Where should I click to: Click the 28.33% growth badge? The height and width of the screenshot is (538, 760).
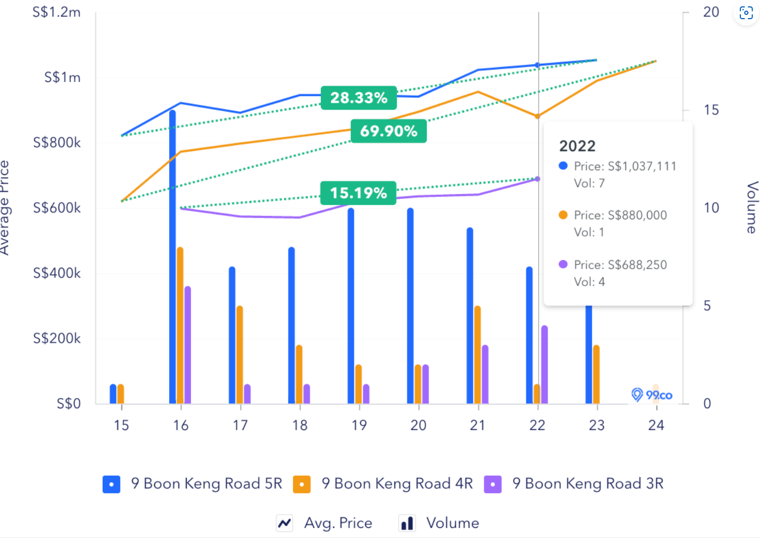[359, 98]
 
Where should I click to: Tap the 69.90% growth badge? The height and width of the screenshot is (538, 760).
[389, 131]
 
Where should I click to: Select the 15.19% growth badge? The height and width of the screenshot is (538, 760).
[358, 193]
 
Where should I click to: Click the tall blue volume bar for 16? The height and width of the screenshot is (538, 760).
[172, 255]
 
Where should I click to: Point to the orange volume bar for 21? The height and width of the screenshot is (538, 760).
[477, 354]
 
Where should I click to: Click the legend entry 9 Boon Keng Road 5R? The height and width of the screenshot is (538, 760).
[193, 484]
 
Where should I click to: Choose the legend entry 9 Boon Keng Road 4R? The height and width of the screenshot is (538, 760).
[383, 484]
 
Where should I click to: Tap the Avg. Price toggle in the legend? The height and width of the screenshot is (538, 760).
[325, 523]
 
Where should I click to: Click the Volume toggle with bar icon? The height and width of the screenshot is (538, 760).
[440, 523]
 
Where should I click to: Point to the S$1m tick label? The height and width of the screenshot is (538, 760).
[62, 78]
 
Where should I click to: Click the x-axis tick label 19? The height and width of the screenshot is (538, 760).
[359, 425]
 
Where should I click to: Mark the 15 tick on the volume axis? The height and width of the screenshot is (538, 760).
[711, 110]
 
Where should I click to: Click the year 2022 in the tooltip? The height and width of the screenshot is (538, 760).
[577, 146]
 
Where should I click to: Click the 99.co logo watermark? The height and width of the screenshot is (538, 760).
[652, 395]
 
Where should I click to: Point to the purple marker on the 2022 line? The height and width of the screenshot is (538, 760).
[538, 179]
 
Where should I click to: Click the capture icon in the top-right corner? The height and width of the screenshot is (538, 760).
[746, 13]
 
